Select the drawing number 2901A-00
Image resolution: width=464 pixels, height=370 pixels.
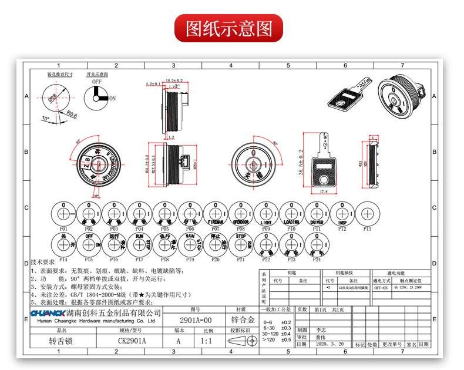tap(195, 320)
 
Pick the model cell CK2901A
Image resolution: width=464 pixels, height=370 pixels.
tap(132, 341)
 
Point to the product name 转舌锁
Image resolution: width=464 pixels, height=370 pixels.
tap(59, 341)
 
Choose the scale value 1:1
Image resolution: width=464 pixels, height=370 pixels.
tap(206, 341)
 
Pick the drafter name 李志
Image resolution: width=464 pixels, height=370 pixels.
tap(320, 330)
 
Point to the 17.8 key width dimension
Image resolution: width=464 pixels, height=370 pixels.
tap(324, 191)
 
